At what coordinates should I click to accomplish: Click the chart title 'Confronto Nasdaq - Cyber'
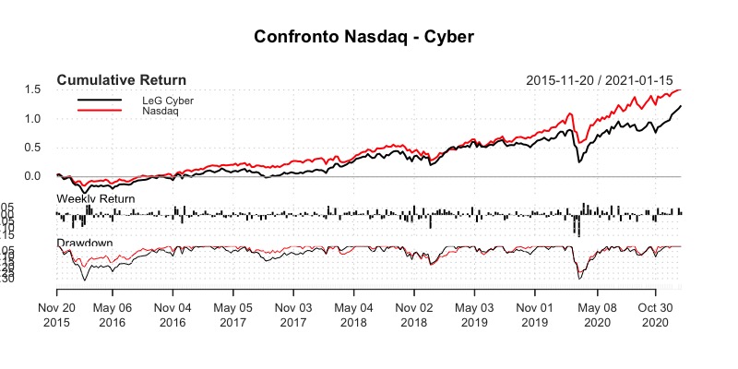click(x=369, y=38)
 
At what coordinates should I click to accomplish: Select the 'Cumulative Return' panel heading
click(x=121, y=79)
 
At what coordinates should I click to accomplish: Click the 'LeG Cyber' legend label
click(x=168, y=100)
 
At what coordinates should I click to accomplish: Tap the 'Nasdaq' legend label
click(x=161, y=111)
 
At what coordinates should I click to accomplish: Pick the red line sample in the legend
click(x=100, y=111)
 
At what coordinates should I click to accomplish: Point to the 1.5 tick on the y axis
click(x=34, y=89)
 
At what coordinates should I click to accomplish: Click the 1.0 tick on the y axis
click(x=34, y=118)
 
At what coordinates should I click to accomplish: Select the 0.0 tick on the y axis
click(x=34, y=176)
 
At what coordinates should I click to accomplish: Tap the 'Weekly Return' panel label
click(x=96, y=199)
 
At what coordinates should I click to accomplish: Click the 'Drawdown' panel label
click(x=85, y=243)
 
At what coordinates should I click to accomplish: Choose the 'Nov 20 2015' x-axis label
click(x=57, y=315)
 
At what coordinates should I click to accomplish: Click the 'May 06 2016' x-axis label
click(x=112, y=315)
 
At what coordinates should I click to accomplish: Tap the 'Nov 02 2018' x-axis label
click(x=414, y=315)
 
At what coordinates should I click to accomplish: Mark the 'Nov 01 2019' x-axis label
click(x=535, y=315)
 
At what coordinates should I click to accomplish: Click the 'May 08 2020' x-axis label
click(x=596, y=315)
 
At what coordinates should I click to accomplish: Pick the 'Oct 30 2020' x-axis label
click(x=655, y=315)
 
